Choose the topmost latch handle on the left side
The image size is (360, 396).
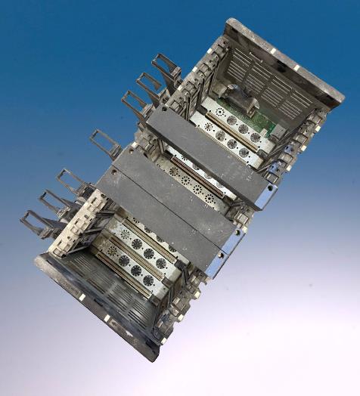click(x=167, y=69)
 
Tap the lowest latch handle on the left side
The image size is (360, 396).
click(x=35, y=223)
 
